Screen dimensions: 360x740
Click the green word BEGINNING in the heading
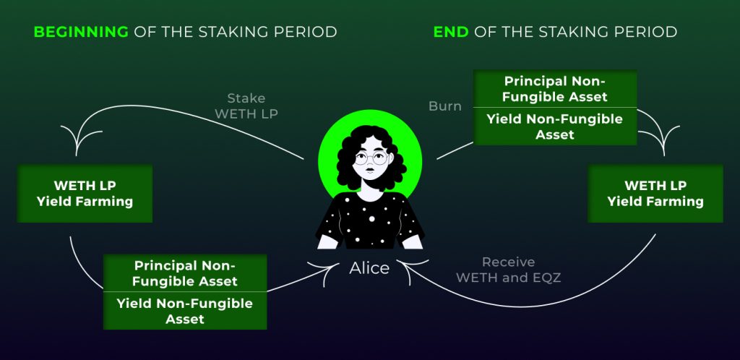coord(81,32)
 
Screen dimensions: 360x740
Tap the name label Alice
coord(369,268)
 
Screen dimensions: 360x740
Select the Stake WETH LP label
coord(246,106)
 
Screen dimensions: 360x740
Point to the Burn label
coord(444,106)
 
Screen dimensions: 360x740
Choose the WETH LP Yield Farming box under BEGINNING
coord(85,193)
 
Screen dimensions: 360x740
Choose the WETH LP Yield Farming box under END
coord(655,193)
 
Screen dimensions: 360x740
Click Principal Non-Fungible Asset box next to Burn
coord(555,89)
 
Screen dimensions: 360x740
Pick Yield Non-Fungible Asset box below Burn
coord(555,127)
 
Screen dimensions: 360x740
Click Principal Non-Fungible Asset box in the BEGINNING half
coord(185,273)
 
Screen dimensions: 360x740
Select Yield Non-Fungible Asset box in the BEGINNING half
coord(185,311)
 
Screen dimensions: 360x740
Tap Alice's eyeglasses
coord(369,158)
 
